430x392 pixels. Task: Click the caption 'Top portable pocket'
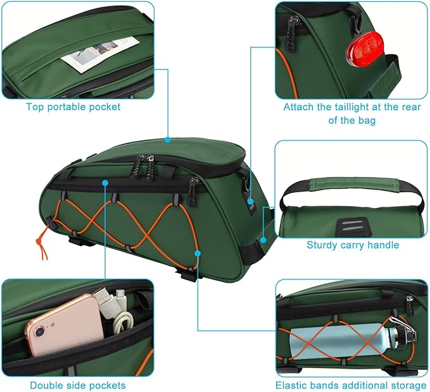[x=73, y=107]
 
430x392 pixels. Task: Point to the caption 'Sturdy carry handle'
[x=353, y=245]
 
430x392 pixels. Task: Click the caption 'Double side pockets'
[x=77, y=385]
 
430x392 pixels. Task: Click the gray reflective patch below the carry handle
[x=352, y=225]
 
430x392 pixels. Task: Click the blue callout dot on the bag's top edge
[x=168, y=139]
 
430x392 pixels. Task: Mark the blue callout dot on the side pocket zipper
[x=106, y=182]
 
